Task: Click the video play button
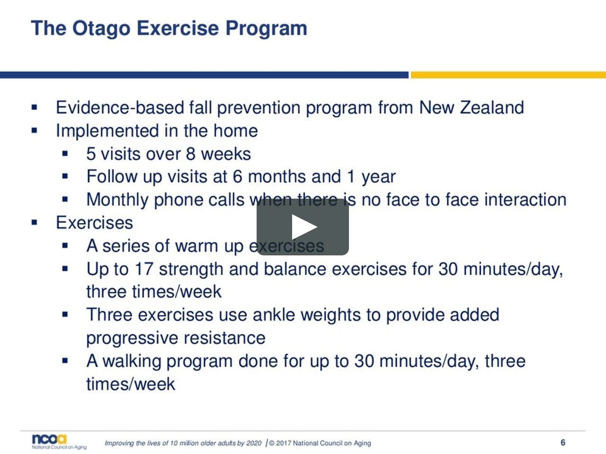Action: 303,227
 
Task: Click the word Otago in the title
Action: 101,28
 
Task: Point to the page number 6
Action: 562,443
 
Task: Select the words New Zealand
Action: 472,108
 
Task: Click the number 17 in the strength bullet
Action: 143,269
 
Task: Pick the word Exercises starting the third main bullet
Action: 94,223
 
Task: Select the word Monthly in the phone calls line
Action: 117,200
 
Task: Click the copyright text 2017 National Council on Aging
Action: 320,443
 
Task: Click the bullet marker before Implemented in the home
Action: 34,131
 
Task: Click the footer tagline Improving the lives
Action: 183,443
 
